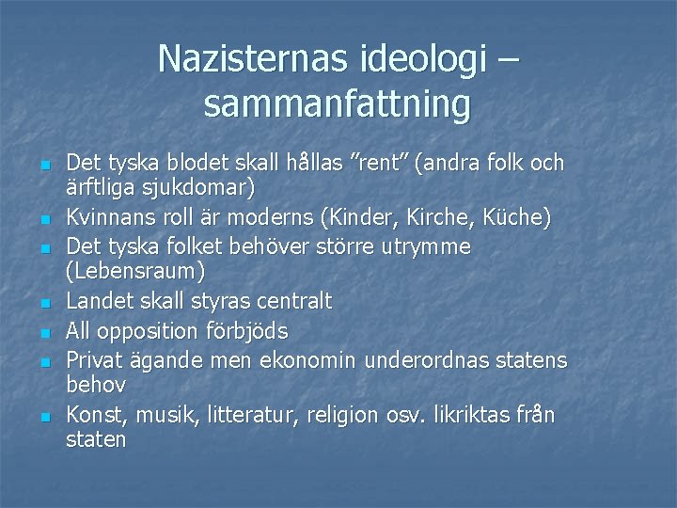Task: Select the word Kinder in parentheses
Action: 356,218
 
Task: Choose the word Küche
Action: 515,218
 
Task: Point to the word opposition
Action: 150,332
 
